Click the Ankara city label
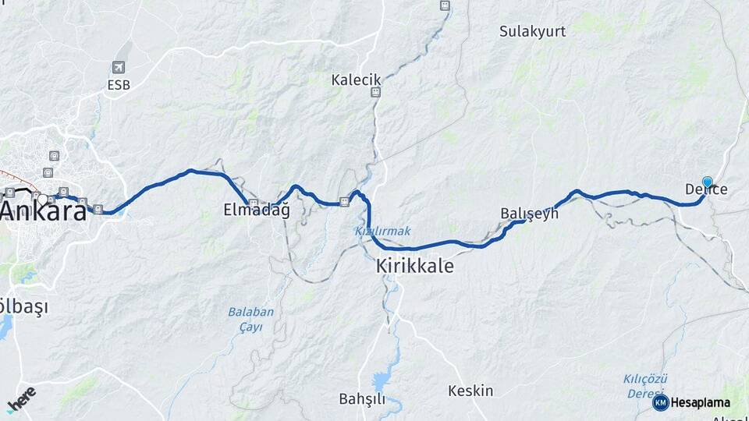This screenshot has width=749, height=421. [x=43, y=210]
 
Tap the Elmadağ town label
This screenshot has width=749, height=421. [x=256, y=210]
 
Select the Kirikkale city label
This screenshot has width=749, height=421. [x=414, y=266]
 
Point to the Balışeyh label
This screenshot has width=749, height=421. [x=530, y=213]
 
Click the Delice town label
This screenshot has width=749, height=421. [x=706, y=189]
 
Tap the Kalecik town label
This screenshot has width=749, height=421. [x=356, y=80]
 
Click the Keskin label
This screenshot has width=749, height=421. [x=470, y=391]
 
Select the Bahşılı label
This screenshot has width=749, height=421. [x=362, y=399]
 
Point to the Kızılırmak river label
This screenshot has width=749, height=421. [x=382, y=231]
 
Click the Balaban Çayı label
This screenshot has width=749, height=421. [x=250, y=319]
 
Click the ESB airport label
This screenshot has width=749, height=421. [x=119, y=85]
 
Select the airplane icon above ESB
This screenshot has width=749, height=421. [x=119, y=68]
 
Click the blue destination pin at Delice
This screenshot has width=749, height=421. [x=707, y=182]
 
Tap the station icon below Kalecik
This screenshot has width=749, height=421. [x=376, y=92]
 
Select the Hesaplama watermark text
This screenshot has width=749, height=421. [x=700, y=403]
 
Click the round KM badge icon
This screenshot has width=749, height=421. [x=660, y=403]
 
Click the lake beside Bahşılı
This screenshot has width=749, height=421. [x=382, y=381]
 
